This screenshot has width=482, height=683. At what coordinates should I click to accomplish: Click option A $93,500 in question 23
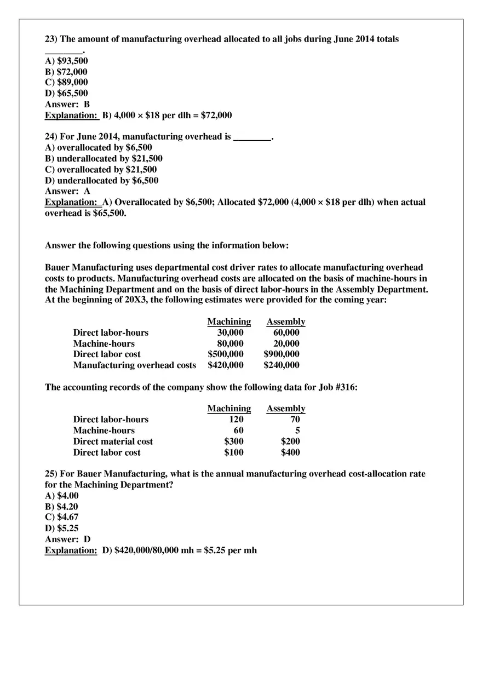pyautogui.click(x=66, y=61)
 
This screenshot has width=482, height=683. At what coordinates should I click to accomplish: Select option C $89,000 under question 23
pyautogui.click(x=66, y=82)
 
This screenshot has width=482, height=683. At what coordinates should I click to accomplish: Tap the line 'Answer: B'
pyautogui.click(x=67, y=104)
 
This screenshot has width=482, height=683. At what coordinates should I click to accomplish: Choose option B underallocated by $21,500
pyautogui.click(x=103, y=158)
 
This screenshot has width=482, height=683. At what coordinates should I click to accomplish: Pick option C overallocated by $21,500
pyautogui.click(x=100, y=169)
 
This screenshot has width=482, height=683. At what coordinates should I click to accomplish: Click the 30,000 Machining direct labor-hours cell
pyautogui.click(x=230, y=332)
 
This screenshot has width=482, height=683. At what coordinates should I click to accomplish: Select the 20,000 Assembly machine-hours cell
pyautogui.click(x=286, y=343)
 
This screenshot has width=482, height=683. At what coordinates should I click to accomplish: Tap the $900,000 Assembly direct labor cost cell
pyautogui.click(x=282, y=354)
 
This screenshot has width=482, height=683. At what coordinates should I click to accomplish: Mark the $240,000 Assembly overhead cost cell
pyautogui.click(x=282, y=365)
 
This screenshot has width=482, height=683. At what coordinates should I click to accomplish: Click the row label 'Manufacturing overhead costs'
pyautogui.click(x=134, y=365)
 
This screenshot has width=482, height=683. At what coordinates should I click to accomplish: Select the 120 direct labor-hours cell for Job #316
pyautogui.click(x=236, y=420)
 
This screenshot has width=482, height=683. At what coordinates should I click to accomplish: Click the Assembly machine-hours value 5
pyautogui.click(x=297, y=431)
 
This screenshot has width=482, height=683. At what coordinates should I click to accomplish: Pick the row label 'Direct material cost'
pyautogui.click(x=113, y=441)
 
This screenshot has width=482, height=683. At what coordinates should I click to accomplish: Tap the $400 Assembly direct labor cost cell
pyautogui.click(x=290, y=452)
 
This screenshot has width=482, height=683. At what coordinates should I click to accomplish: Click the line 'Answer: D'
pyautogui.click(x=67, y=539)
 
